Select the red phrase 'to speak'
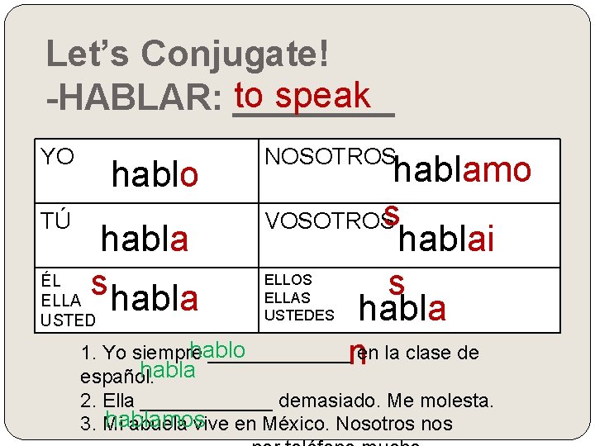click(x=302, y=96)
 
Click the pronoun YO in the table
click(x=58, y=157)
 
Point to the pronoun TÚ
click(x=55, y=221)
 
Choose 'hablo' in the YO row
click(x=155, y=174)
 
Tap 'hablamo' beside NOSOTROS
click(x=461, y=169)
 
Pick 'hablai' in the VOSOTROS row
click(x=446, y=239)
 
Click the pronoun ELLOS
click(x=288, y=281)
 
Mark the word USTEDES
click(x=299, y=315)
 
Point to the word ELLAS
click(x=288, y=297)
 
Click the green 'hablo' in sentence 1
click(x=217, y=349)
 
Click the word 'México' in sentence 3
click(x=297, y=425)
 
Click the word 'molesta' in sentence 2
click(x=458, y=401)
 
